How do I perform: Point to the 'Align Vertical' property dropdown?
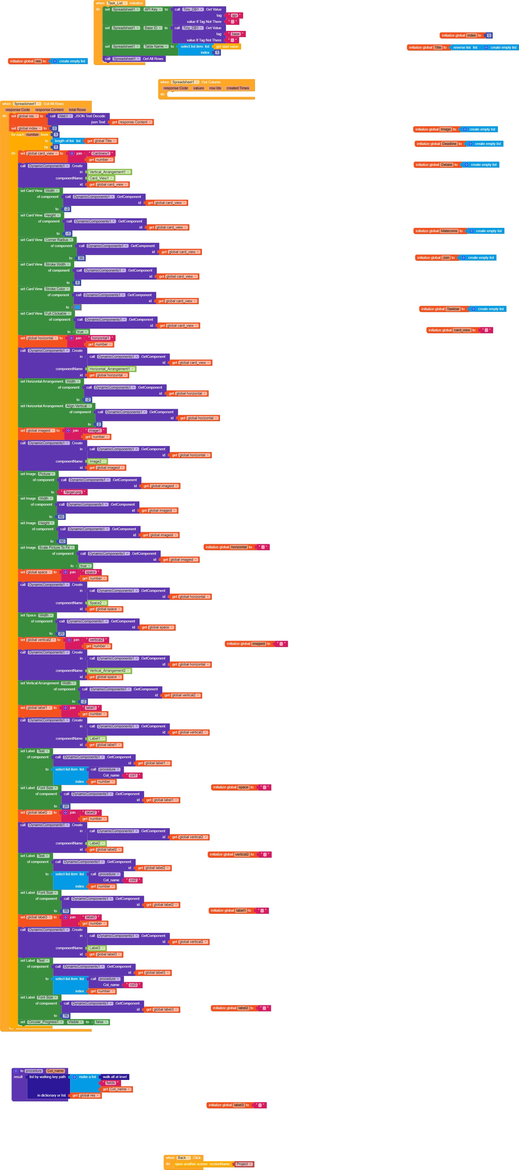point(78,406)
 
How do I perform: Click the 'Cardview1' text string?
point(101,153)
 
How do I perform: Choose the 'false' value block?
point(100,1022)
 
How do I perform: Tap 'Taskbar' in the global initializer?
point(453,309)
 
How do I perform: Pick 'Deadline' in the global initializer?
point(449,144)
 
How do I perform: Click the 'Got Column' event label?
point(211,82)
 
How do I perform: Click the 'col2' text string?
point(133,880)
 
